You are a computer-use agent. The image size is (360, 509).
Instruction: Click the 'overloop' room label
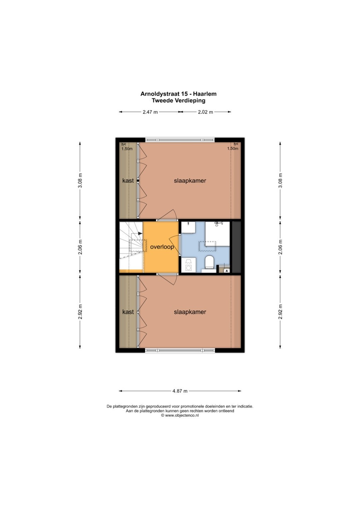[x=162, y=247]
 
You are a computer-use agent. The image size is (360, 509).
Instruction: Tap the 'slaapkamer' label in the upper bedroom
[x=190, y=181]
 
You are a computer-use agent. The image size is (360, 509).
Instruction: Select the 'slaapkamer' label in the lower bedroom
[x=190, y=312]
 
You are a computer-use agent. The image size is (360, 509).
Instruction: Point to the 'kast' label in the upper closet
[x=128, y=181]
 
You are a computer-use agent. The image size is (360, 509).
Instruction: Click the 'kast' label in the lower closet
[x=128, y=312]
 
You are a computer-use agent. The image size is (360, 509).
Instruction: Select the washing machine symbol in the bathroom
[x=188, y=265]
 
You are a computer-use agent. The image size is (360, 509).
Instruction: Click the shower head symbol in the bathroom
[x=219, y=224]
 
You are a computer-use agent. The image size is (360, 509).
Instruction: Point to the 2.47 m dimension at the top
[x=150, y=112]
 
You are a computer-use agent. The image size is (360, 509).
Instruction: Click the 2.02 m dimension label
[x=205, y=112]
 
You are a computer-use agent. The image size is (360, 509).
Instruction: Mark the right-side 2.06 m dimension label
[x=280, y=247]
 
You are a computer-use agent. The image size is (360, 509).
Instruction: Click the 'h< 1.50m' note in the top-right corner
[x=233, y=146]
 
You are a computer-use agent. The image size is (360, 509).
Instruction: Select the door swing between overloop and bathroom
[x=175, y=243]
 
